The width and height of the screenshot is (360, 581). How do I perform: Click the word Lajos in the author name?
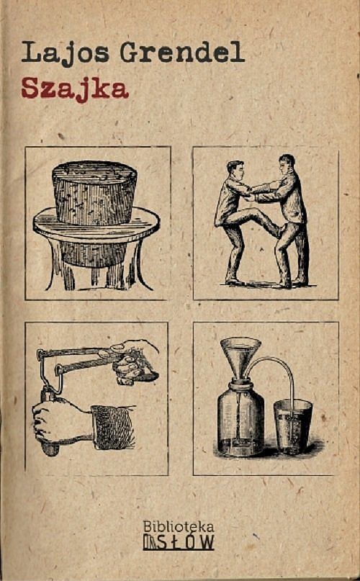click(66, 53)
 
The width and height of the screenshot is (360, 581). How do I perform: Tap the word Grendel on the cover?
click(182, 52)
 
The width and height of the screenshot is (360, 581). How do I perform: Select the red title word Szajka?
click(75, 89)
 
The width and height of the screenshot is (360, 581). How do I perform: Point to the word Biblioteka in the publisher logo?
click(179, 526)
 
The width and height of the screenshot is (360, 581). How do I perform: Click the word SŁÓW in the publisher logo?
click(186, 542)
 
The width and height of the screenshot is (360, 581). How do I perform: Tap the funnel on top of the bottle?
click(240, 359)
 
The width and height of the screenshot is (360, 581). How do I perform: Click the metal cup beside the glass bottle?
click(292, 426)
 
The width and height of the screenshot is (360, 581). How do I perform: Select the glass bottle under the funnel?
click(240, 418)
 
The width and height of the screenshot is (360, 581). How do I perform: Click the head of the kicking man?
click(235, 170)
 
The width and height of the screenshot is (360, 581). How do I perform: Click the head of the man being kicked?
click(287, 164)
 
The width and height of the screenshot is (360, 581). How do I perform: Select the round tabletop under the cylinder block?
click(96, 225)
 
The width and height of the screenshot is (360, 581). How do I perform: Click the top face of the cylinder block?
click(94, 172)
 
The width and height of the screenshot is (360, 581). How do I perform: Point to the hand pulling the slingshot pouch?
click(135, 362)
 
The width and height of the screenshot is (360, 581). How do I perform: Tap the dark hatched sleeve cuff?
click(113, 427)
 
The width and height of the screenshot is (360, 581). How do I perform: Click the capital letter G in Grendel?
click(130, 53)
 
